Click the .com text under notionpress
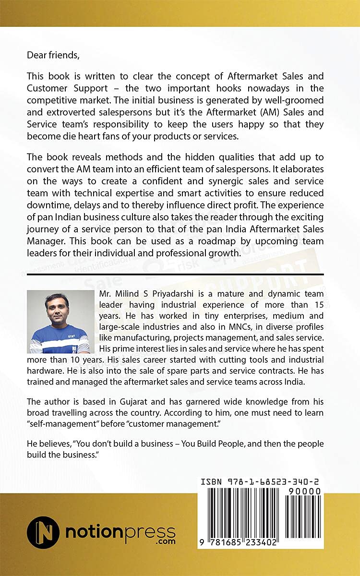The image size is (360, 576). (165, 541)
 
